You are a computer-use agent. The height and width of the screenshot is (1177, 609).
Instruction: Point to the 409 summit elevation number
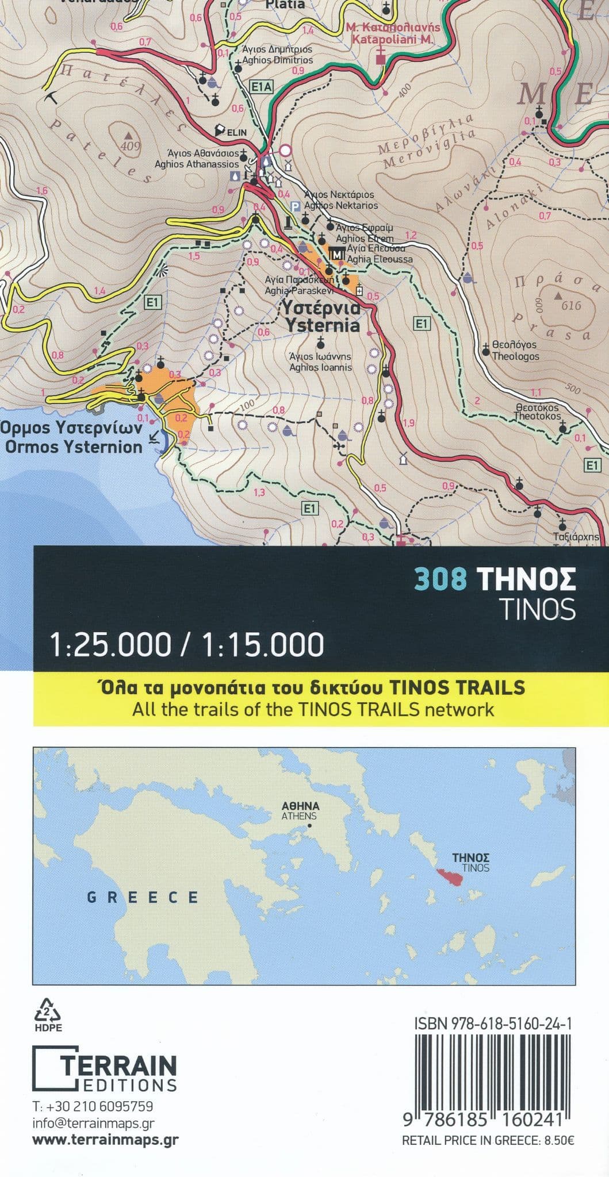coord(131,147)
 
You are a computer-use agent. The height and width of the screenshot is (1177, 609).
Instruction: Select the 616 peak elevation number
coord(571,306)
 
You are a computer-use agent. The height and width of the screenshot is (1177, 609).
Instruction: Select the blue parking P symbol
coord(295,206)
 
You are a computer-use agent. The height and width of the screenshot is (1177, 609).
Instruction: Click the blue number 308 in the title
coord(441,580)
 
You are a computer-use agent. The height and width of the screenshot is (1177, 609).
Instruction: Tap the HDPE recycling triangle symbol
coord(48,1010)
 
